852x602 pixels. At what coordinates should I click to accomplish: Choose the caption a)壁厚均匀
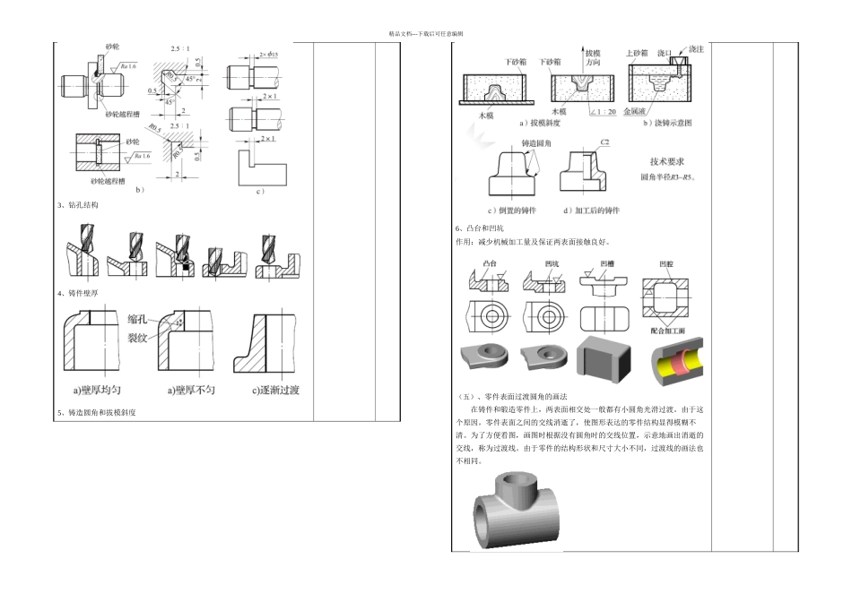(x=101, y=390)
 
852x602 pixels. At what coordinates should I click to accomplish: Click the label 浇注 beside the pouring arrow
(x=695, y=48)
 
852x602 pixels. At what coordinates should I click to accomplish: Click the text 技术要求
(x=667, y=162)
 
